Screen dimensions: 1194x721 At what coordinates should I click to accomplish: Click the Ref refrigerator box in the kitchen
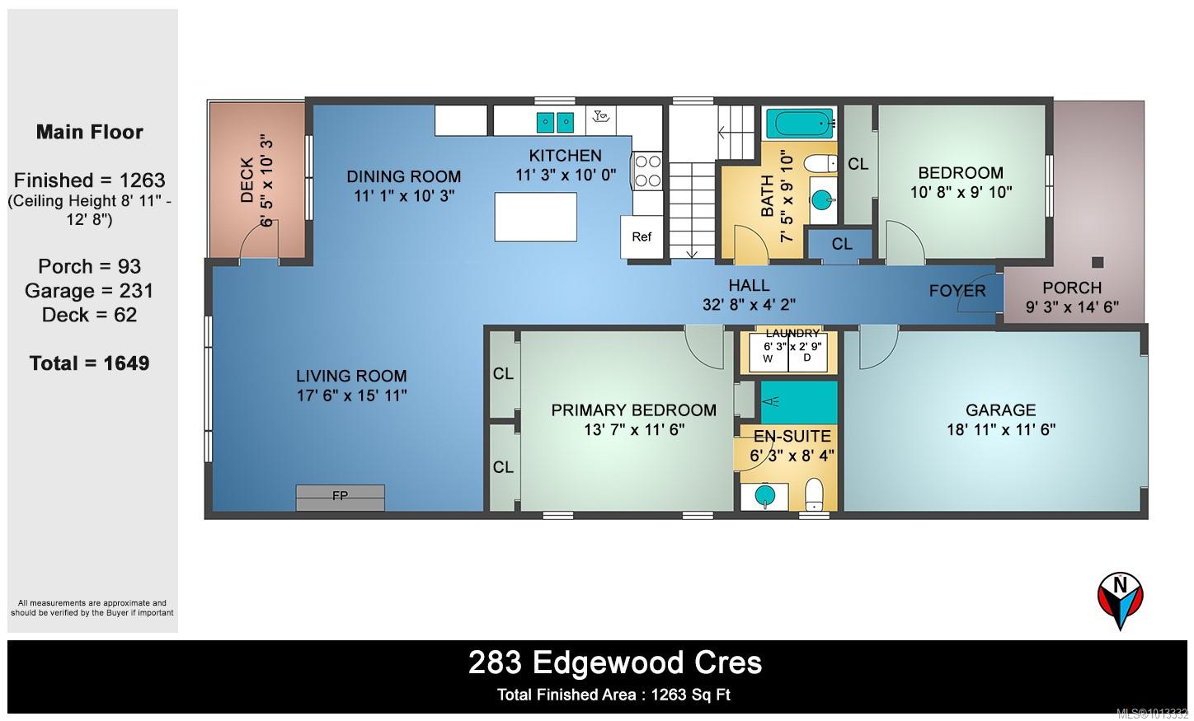click(642, 237)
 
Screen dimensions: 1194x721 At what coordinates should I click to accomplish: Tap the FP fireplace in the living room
click(340, 498)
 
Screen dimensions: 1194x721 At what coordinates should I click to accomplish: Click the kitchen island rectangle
click(536, 217)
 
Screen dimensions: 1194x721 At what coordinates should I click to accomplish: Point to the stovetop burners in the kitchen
click(647, 171)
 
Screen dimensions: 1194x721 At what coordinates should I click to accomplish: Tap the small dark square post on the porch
click(1098, 262)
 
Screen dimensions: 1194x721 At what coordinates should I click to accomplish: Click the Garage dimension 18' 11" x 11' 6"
click(1001, 430)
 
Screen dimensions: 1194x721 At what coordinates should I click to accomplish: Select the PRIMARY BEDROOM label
click(634, 410)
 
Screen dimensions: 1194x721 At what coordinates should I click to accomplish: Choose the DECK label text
click(247, 180)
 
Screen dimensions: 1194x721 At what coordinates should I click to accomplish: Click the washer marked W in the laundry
click(769, 353)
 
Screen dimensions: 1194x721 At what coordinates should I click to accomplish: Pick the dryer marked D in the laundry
click(808, 353)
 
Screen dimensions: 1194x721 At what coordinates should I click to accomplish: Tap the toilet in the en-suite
click(813, 494)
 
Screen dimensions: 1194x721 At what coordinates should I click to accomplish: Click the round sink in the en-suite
click(765, 496)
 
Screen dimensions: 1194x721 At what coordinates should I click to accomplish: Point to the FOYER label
click(957, 291)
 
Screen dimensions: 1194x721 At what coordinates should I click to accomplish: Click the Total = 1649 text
click(90, 363)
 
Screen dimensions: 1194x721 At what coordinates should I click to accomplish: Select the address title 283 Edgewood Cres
click(615, 663)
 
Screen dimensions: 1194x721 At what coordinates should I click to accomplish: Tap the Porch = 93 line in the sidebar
click(90, 266)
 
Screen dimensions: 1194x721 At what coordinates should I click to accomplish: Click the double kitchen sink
click(555, 123)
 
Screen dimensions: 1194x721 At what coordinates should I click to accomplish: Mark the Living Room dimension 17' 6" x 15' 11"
click(352, 396)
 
